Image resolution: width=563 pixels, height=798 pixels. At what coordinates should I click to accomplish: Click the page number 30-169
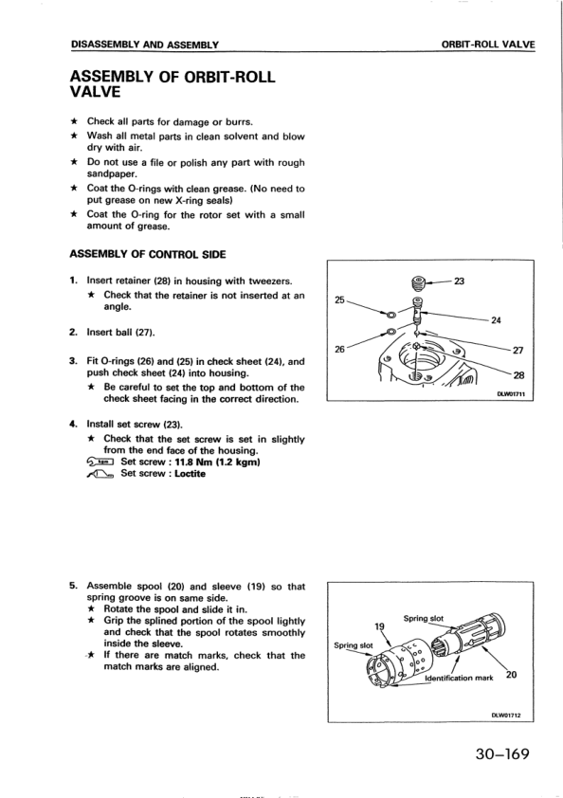point(502,753)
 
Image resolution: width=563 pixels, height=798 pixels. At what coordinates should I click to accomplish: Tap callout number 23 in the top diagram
point(459,281)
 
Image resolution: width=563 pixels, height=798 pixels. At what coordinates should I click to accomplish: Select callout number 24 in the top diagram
point(496,320)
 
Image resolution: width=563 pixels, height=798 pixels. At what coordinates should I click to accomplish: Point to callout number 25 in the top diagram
point(339,299)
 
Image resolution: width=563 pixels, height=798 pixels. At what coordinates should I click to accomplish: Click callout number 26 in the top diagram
point(339,349)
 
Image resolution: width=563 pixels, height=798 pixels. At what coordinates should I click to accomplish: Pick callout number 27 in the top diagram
point(518,350)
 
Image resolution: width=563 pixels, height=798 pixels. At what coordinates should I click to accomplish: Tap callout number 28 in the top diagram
point(518,375)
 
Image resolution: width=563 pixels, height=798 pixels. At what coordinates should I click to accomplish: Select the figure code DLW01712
point(506,715)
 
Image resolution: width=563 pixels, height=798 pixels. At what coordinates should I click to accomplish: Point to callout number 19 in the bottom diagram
point(379,626)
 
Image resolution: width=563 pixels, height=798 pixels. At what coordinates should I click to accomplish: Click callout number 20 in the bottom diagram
point(512,675)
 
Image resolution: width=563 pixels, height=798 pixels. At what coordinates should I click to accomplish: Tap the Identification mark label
point(459,678)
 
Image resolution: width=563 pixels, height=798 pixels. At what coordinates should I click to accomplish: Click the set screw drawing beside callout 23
point(418,281)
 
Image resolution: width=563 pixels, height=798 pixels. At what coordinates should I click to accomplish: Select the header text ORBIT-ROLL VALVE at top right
point(488,45)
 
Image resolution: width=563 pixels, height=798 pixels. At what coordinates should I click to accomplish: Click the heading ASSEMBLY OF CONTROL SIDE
point(147,254)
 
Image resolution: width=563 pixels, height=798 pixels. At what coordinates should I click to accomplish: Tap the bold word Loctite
point(190,474)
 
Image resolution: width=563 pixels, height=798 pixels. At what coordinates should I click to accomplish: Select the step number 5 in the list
point(72,586)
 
